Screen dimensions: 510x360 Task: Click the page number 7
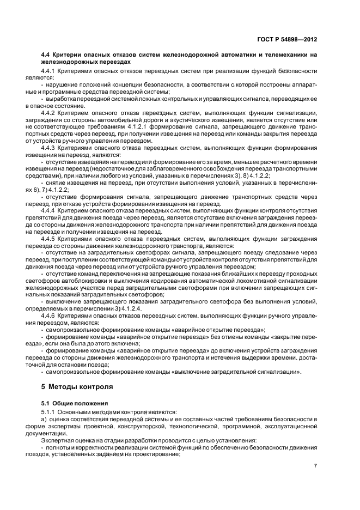click(x=316, y=466)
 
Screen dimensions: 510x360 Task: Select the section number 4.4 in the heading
click(x=46, y=55)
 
